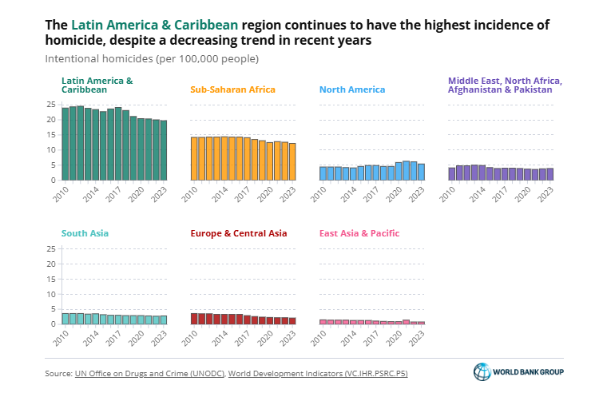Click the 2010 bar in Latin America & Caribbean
coord(65,144)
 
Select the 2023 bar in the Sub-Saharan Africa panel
coord(292,161)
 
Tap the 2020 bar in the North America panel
coord(399,171)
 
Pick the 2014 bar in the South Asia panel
coord(96,319)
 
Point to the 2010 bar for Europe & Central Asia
coord(194,318)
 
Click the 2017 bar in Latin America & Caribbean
coord(118,144)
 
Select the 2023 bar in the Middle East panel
coord(549,173)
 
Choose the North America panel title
coord(351,89)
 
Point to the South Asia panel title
coord(85,233)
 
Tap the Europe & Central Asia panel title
coord(239,233)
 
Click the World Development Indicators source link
coord(318,373)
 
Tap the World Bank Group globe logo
coord(482,372)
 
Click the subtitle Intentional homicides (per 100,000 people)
coord(152,58)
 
